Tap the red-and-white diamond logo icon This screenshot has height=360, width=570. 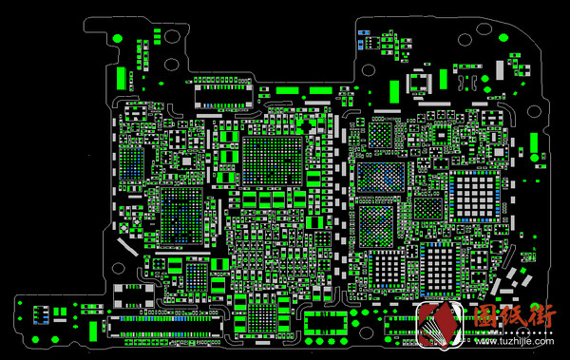point(440,329)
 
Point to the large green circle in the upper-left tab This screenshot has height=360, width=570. point(117,37)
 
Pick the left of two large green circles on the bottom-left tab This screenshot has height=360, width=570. point(19,303)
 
